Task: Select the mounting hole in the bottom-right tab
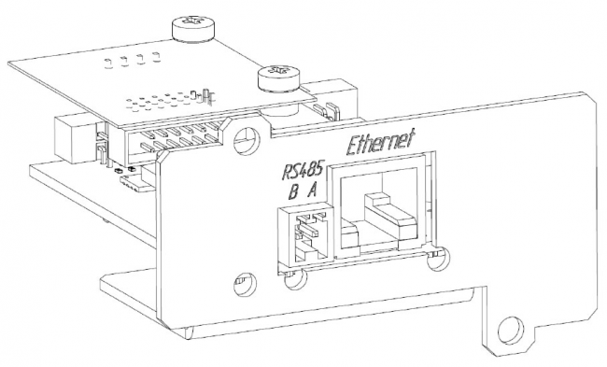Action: pos(510,328)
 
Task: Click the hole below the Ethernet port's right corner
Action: pos(437,264)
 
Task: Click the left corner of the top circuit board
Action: pos(11,64)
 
